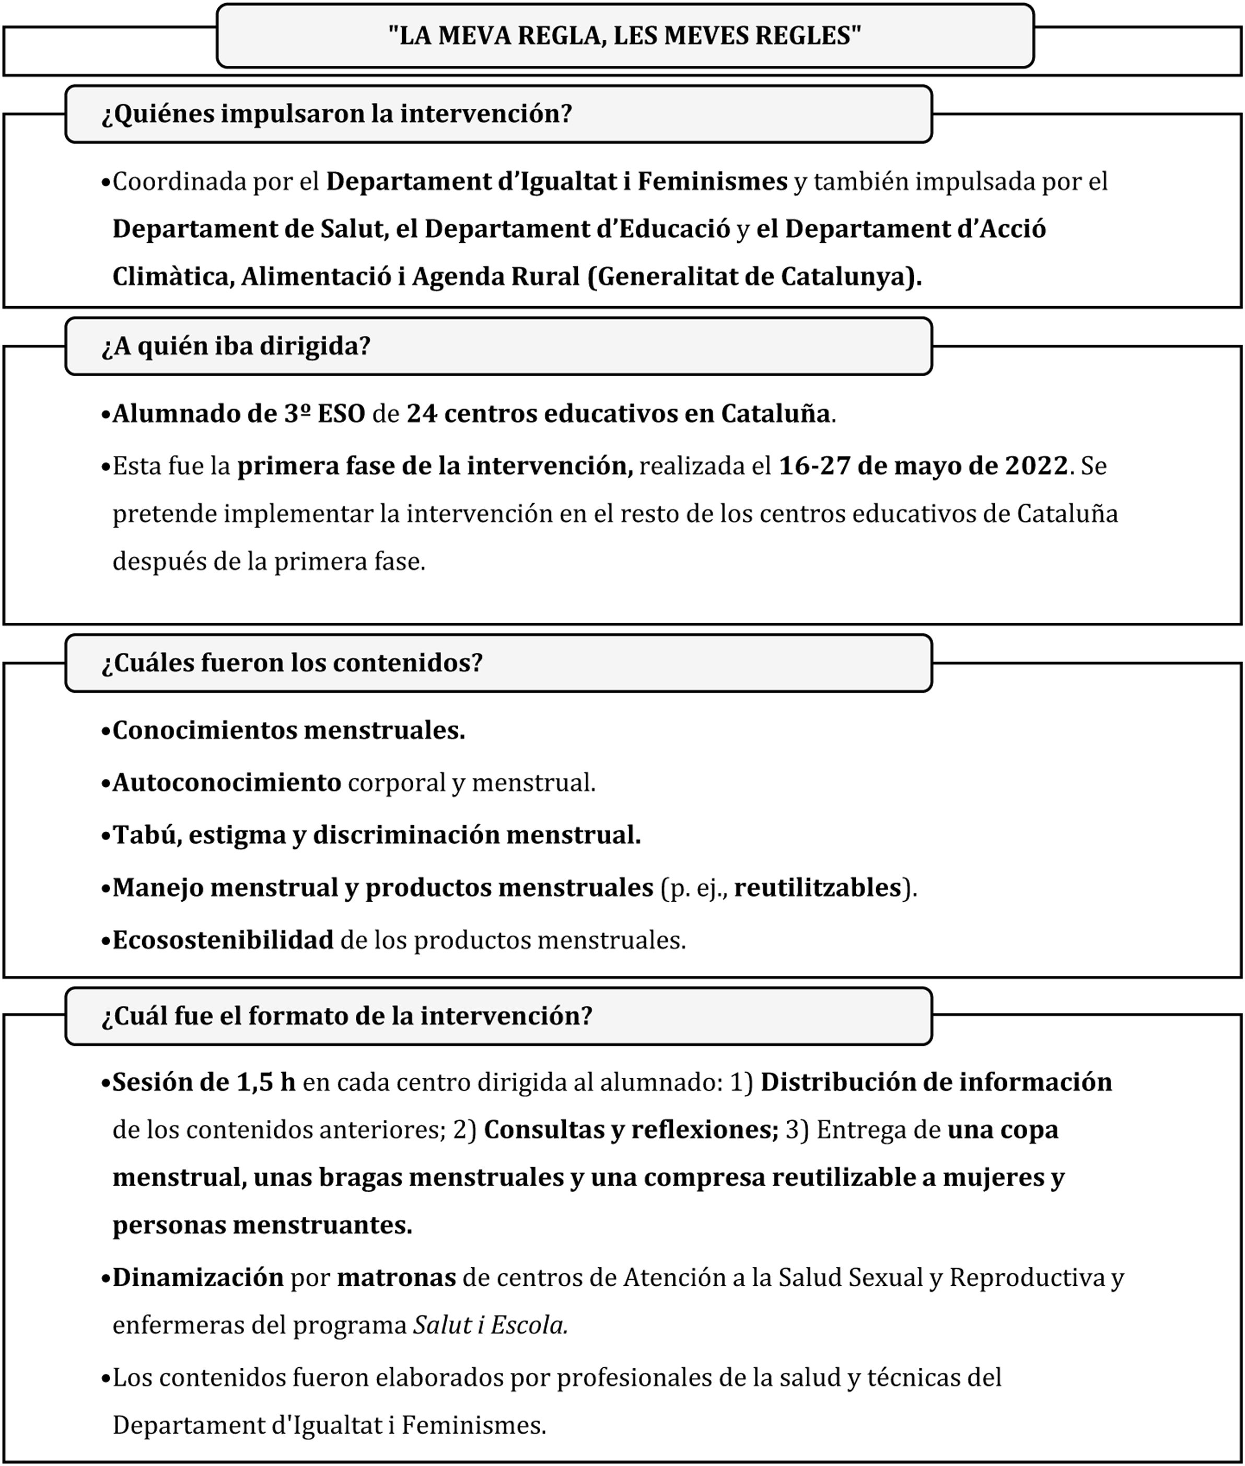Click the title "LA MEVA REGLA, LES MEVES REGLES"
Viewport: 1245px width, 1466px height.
625,36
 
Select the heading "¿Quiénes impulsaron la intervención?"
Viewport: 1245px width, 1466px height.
336,114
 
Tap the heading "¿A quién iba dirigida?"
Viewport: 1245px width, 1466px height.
236,346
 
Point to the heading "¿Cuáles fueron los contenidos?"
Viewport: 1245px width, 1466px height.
292,663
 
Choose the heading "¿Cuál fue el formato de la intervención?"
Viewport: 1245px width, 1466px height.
346,1016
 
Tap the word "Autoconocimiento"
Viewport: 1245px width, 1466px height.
227,783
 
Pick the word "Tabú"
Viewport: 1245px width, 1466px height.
145,835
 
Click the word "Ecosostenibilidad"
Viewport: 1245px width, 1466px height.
223,940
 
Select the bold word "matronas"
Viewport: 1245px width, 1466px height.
396,1277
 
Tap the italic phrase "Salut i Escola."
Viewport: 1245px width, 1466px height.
491,1325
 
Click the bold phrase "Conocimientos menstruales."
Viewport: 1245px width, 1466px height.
289,730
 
